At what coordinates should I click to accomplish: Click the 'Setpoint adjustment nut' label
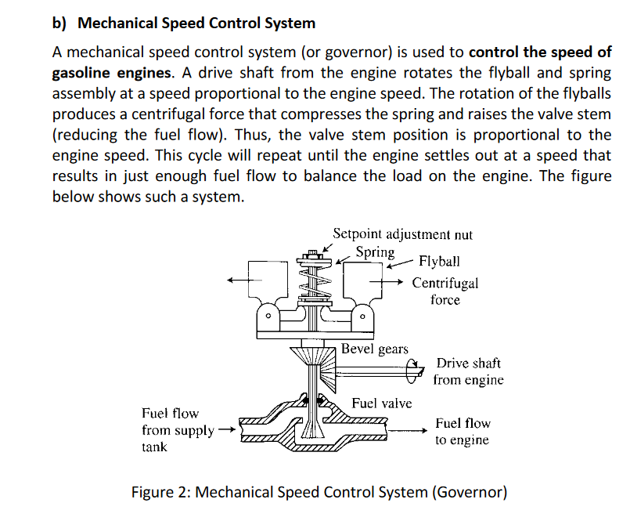(402, 234)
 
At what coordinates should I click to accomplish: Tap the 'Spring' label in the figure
(375, 252)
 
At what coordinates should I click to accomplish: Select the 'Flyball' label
(440, 261)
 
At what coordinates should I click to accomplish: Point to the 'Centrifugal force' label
(445, 291)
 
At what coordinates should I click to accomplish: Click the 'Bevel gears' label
(375, 349)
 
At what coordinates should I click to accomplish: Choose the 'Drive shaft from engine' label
(468, 371)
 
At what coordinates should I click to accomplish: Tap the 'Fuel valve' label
(381, 403)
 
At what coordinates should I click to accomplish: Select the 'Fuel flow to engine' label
(463, 432)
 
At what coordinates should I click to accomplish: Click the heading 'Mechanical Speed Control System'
(196, 23)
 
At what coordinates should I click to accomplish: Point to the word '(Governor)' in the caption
(470, 493)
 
